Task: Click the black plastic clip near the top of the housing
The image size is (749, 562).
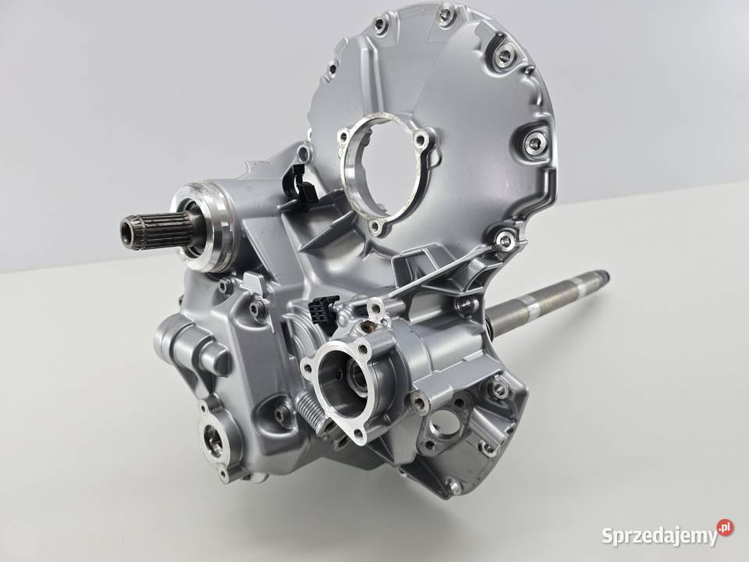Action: click(x=299, y=184)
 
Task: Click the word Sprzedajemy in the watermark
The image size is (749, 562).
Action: click(x=660, y=535)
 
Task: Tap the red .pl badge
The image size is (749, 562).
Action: click(x=725, y=527)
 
